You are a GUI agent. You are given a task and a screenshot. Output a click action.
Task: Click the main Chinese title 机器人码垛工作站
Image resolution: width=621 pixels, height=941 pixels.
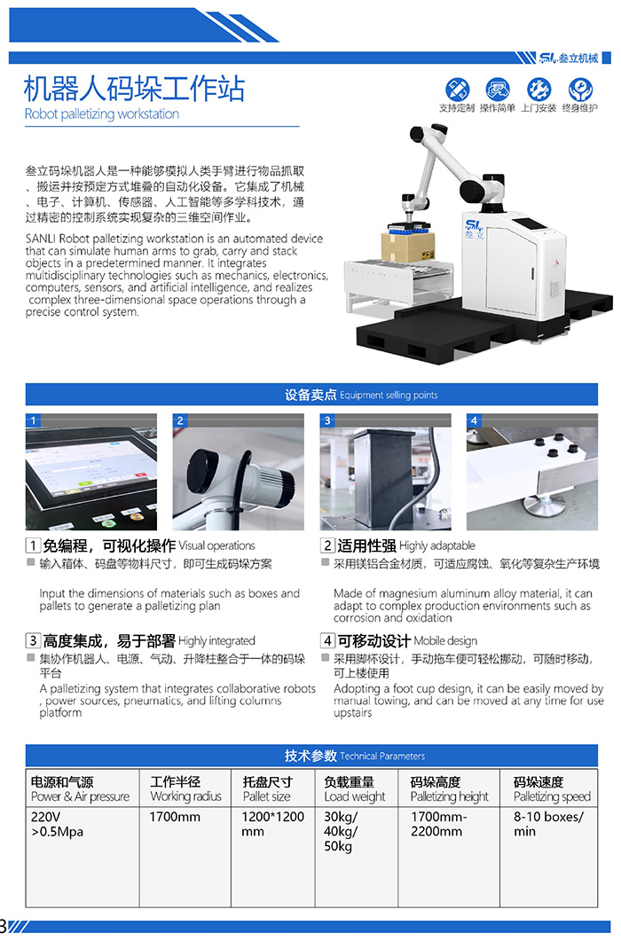pos(134,88)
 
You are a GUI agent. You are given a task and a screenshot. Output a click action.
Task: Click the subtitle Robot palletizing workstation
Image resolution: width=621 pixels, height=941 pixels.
pos(101,114)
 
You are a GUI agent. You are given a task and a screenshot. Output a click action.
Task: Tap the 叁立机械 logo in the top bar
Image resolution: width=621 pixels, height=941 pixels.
pos(569,58)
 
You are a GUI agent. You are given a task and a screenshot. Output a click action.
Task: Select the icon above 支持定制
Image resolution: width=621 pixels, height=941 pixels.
pos(457,90)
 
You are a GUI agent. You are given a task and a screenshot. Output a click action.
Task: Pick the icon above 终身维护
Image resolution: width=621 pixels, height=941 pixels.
pos(580,90)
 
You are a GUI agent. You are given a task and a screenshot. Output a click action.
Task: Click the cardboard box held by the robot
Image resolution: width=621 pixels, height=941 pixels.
pos(408,246)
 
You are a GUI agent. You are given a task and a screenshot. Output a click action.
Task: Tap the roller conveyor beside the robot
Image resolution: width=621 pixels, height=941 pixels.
pos(397,279)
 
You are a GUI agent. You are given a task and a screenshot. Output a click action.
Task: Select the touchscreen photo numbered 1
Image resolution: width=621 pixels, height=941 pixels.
pos(91,472)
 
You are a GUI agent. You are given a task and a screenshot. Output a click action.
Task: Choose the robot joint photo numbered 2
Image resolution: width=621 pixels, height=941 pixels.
pos(238,472)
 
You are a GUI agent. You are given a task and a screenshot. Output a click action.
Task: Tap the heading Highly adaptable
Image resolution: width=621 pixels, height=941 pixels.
pos(436,545)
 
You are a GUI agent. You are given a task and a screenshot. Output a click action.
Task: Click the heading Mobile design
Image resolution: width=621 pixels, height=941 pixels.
pos(445,640)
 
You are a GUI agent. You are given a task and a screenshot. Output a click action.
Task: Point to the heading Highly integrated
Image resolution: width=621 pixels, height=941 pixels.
pos(216,640)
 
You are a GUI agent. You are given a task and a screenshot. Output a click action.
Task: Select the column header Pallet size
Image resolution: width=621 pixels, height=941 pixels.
pos(267,796)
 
